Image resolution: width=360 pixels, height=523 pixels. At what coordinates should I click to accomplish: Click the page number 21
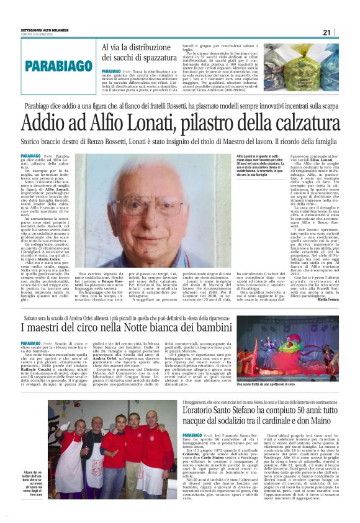344,32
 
